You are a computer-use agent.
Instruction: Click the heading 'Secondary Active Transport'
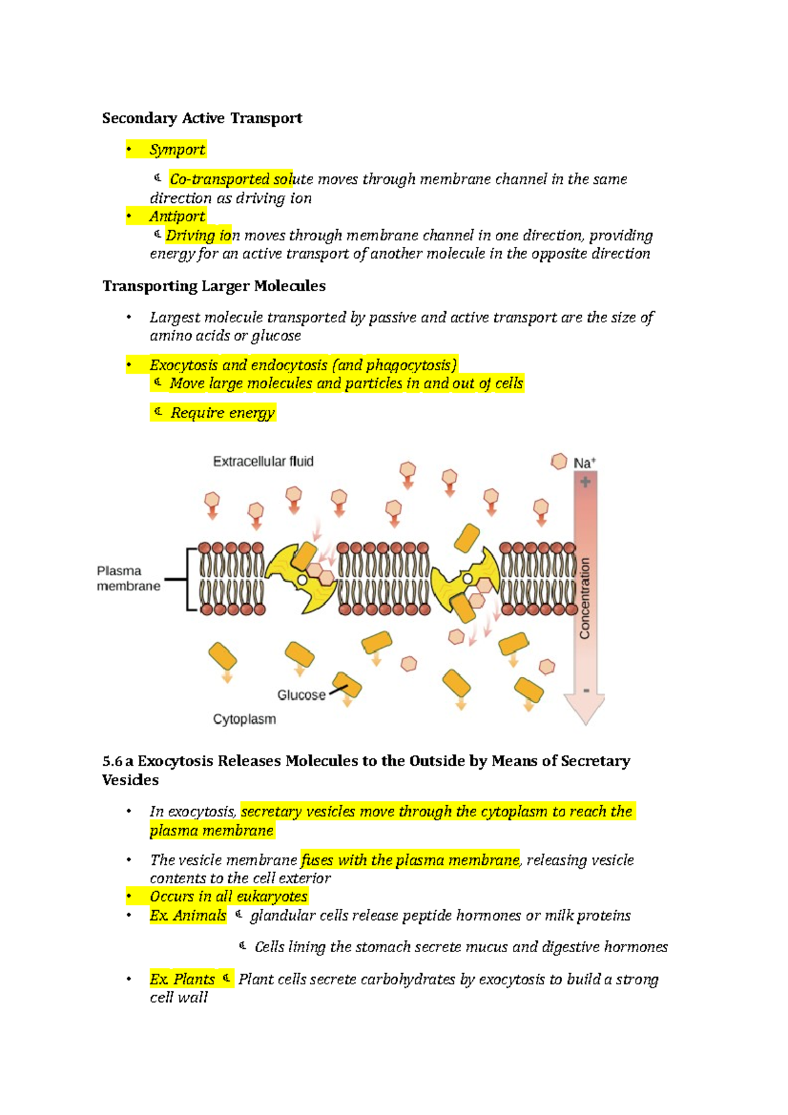click(x=202, y=118)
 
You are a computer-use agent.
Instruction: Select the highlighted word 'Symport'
click(x=177, y=150)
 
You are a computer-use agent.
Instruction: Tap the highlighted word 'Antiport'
click(x=177, y=217)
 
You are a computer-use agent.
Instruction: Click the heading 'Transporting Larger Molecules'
click(x=214, y=286)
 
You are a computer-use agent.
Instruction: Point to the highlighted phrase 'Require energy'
click(x=222, y=413)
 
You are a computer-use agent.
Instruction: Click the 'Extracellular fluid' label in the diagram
click(x=263, y=462)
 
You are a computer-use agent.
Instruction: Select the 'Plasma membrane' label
click(x=128, y=579)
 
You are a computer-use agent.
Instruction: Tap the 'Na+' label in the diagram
click(x=584, y=463)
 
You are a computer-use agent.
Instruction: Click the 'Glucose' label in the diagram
click(x=301, y=695)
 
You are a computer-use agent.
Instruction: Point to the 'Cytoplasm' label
click(x=244, y=719)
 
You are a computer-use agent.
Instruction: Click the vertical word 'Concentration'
click(x=584, y=598)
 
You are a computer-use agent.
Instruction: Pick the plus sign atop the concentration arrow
click(x=585, y=483)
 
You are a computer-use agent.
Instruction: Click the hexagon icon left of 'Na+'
click(x=559, y=462)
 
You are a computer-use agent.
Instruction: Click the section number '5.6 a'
click(x=118, y=761)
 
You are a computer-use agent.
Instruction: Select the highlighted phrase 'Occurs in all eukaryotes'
click(x=229, y=897)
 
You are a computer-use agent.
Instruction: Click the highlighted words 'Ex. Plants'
click(x=183, y=980)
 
